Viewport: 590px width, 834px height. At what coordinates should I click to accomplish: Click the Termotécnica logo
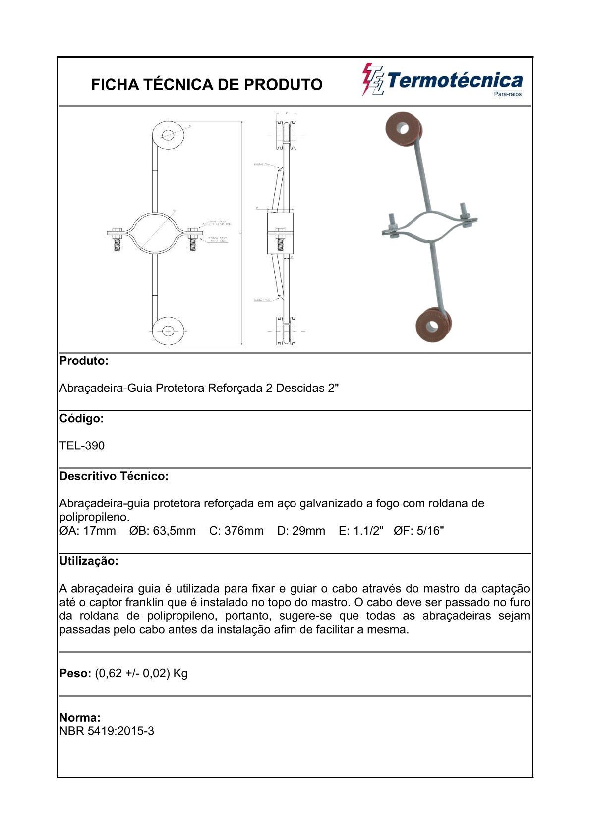pos(442,80)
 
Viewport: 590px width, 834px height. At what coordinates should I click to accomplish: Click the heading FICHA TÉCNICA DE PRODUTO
pos(207,85)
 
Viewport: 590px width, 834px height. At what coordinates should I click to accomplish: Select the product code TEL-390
pos(82,445)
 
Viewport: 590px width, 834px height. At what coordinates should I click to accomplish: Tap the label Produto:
pos(84,361)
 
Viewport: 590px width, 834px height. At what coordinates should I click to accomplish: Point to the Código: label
pos(82,418)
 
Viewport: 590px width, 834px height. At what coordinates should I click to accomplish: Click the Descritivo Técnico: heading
pos(114,476)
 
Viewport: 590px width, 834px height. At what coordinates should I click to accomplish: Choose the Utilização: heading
pos(89,561)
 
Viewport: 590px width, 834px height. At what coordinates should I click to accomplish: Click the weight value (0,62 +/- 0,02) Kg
pos(141,673)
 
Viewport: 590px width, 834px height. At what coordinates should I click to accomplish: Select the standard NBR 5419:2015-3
pos(107,731)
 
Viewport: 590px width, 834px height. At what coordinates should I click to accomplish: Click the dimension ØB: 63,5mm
pos(163,531)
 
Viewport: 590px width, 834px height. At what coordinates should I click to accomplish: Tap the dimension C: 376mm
pos(236,531)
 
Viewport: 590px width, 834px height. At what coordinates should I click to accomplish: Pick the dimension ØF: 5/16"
pos(419,531)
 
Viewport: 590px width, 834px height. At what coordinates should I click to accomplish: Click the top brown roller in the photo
pos(404,130)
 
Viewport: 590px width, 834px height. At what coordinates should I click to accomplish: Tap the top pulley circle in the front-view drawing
pos(168,134)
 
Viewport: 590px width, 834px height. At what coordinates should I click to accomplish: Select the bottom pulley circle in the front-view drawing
pos(168,331)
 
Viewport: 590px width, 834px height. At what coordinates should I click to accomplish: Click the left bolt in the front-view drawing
pos(117,238)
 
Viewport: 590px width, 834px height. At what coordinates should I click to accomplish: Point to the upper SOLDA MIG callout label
pos(261,164)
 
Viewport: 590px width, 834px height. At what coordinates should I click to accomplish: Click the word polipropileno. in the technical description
pos(94,517)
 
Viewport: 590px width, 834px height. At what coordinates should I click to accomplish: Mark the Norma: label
pos(80,717)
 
